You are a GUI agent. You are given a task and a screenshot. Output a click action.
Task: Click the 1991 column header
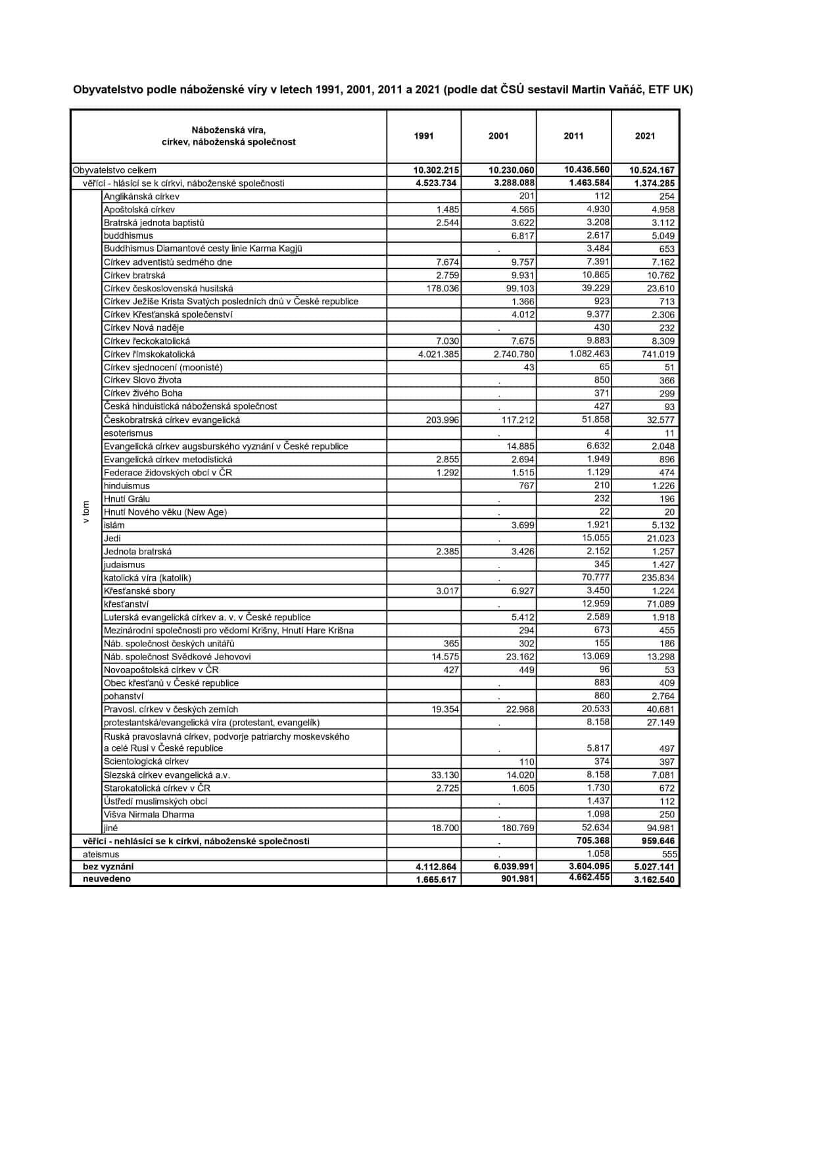coord(423,136)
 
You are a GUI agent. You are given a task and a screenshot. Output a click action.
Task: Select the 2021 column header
coord(645,136)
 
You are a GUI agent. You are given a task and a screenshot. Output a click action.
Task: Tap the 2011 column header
coord(573,136)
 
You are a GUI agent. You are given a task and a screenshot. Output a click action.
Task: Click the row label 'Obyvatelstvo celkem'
coord(114,170)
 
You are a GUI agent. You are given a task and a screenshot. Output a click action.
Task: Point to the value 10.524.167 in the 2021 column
coord(652,170)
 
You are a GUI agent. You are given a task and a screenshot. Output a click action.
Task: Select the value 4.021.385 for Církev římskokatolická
coord(439,354)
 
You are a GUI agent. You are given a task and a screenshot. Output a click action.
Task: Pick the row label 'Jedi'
coord(112,539)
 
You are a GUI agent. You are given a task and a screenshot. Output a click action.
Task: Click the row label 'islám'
coord(114,525)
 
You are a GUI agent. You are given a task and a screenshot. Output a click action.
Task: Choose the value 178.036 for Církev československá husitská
coord(443,289)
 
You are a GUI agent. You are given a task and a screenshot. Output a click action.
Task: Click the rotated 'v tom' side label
coord(86,512)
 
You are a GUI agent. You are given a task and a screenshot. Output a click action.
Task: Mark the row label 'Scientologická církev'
coord(146,761)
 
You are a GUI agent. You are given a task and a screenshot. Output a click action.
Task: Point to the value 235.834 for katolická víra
coord(659,578)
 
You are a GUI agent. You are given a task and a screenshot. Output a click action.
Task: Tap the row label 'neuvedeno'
coord(107,879)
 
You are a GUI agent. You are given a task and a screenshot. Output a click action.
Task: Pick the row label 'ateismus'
coord(101,854)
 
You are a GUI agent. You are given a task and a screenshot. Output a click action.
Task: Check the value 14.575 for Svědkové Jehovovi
coord(445,657)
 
